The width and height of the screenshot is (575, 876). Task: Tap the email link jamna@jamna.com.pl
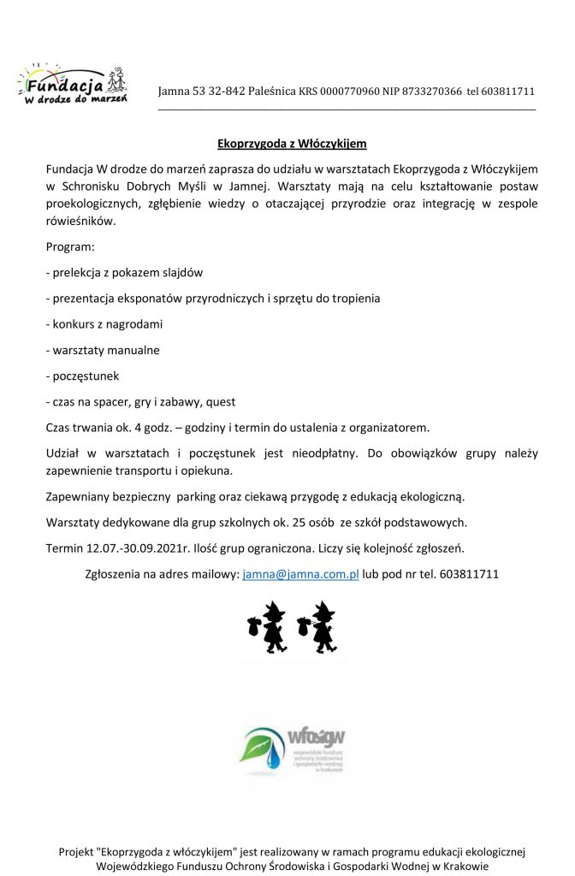(x=300, y=575)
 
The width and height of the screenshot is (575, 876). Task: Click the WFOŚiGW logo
(x=293, y=750)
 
